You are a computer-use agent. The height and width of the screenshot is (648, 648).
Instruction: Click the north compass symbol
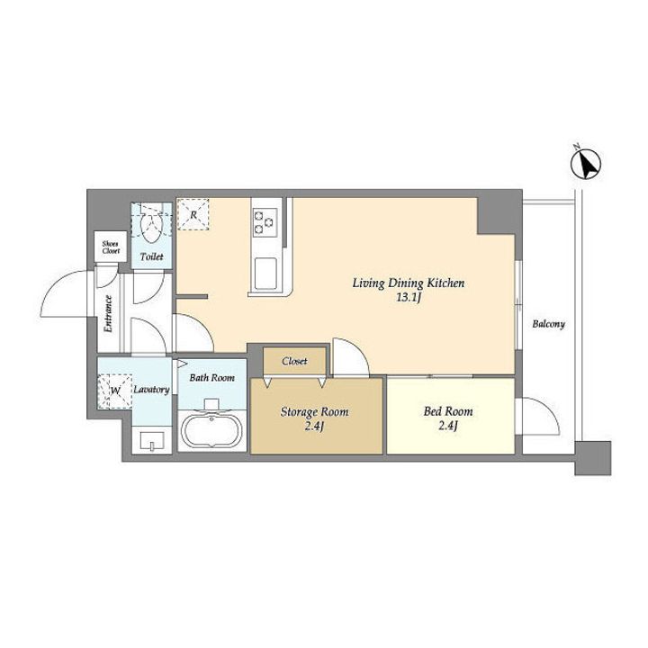[586, 164]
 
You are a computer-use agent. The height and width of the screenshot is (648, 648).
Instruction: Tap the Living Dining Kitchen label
[409, 283]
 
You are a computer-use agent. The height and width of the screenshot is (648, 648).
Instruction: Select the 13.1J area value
[408, 298]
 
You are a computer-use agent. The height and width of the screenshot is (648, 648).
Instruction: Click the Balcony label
[548, 324]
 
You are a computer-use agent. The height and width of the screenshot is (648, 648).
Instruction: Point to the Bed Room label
[448, 411]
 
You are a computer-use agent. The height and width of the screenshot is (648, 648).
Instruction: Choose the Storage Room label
[314, 412]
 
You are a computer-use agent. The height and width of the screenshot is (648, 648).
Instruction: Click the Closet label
[294, 361]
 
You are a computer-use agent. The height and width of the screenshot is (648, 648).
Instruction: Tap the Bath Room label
[212, 377]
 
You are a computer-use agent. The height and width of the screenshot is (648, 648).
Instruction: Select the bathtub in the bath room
[212, 430]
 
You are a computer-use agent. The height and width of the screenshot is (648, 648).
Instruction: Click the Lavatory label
[151, 390]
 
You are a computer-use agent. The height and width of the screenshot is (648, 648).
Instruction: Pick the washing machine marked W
[114, 391]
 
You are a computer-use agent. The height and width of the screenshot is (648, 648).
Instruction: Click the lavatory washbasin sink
[152, 441]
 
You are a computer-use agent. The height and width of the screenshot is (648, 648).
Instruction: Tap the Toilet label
[152, 256]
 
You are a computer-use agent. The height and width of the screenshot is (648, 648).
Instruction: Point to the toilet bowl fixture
[151, 225]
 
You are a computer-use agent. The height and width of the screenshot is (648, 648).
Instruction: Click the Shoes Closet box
[111, 247]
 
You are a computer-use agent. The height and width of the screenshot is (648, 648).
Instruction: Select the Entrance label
[108, 314]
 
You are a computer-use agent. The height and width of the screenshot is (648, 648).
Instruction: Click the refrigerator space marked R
[193, 214]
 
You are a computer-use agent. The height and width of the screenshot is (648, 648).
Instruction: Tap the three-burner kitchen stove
[265, 222]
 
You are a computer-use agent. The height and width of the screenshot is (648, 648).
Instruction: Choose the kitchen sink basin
[265, 274]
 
